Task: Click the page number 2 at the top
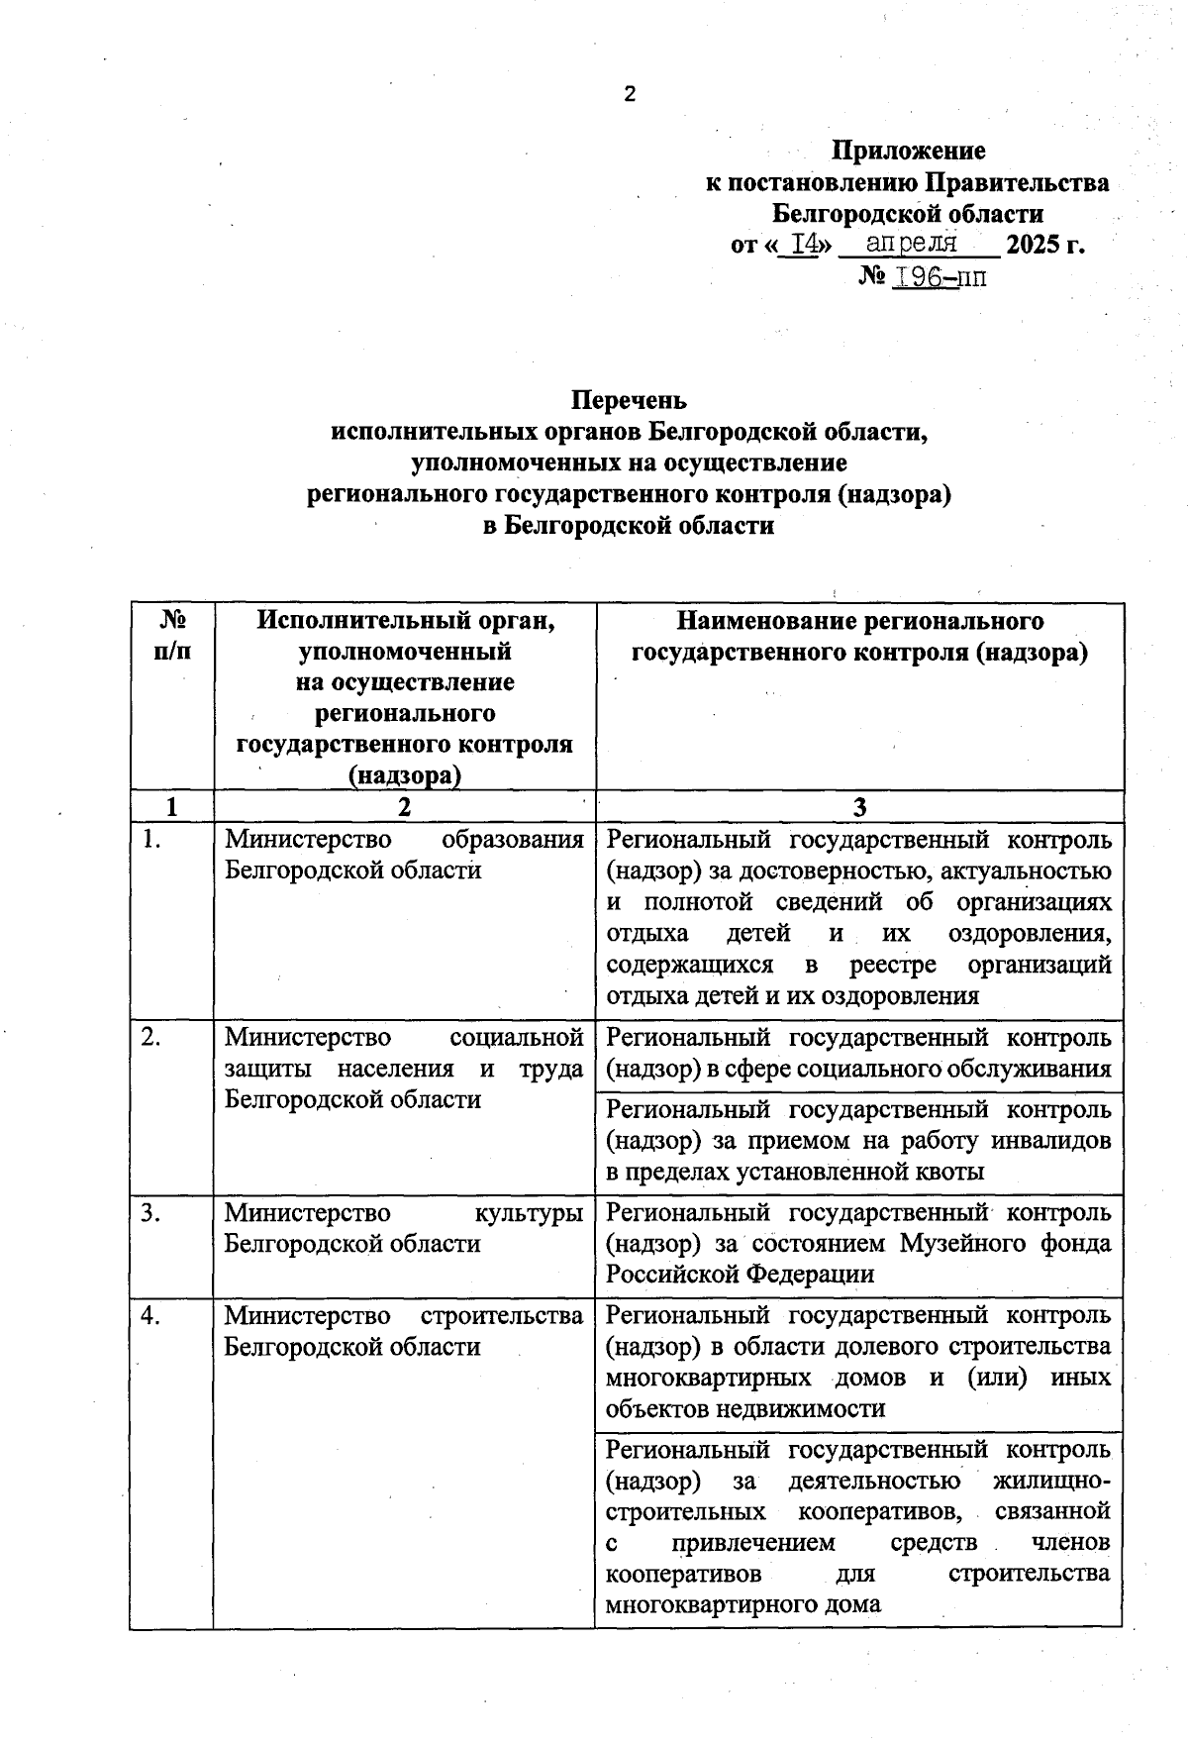pos(630,95)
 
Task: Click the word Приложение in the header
pos(908,151)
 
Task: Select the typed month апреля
pos(911,243)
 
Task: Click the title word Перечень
pos(628,400)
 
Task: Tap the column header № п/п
pos(172,636)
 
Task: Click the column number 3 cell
pos(859,807)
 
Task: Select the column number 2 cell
pos(404,807)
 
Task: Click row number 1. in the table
pos(151,840)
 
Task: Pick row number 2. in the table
pos(151,1038)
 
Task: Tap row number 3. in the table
pos(151,1213)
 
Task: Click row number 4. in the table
pos(151,1316)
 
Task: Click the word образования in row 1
pos(512,840)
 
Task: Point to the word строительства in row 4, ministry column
pos(502,1316)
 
